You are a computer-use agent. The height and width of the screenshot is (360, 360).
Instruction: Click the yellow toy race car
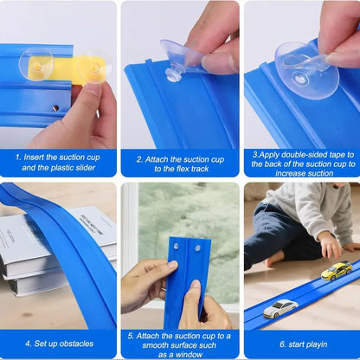(337, 271)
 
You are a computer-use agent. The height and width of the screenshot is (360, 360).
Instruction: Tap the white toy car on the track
(280, 308)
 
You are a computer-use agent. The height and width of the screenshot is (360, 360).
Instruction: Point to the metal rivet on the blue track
(55, 108)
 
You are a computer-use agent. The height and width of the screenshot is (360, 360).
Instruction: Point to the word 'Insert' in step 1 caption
(34, 157)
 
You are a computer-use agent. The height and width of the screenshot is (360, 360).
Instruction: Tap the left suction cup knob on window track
(176, 246)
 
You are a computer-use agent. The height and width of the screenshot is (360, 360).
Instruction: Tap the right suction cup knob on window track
(197, 247)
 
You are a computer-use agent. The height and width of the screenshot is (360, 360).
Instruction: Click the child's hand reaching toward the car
(330, 245)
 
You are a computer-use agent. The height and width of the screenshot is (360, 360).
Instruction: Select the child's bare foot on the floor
(274, 259)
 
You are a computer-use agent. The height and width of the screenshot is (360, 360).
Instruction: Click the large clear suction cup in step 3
(306, 71)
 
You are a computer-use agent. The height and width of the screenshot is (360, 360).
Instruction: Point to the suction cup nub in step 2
(173, 75)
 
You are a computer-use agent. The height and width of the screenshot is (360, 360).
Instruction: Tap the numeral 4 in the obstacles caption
(28, 344)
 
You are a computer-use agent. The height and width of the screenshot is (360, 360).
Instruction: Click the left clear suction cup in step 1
(36, 64)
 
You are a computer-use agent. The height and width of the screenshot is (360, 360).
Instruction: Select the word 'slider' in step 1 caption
(84, 168)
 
